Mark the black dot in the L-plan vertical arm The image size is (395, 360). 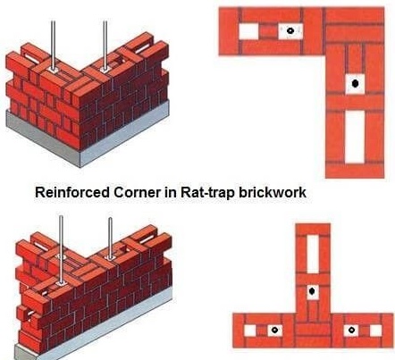coord(355,83)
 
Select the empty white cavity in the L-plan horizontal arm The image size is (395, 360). coord(247,32)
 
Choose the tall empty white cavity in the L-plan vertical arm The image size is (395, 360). coord(355,136)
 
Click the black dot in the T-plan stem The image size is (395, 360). coord(312,291)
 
